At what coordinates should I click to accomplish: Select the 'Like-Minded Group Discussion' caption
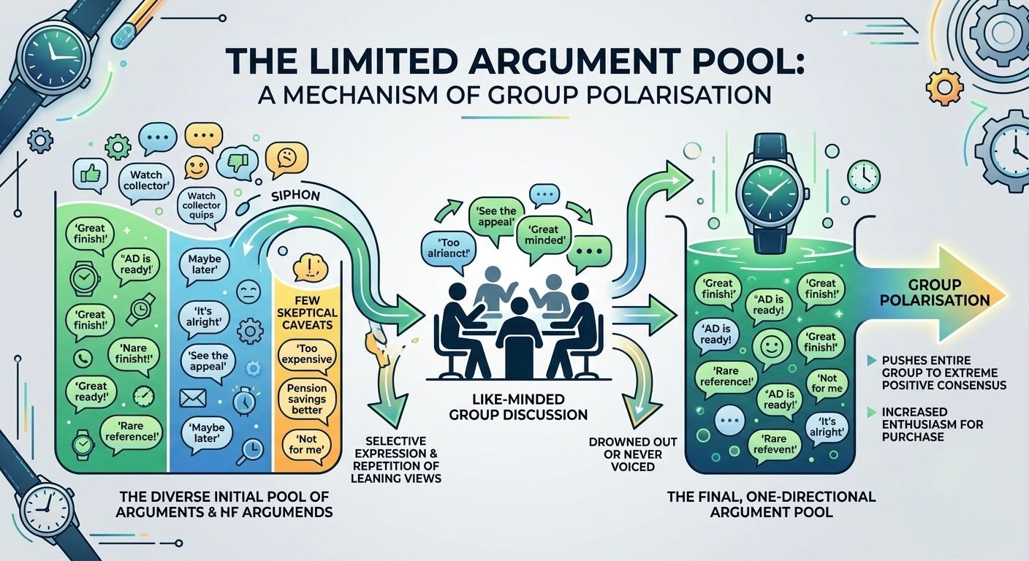coord(518,408)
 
